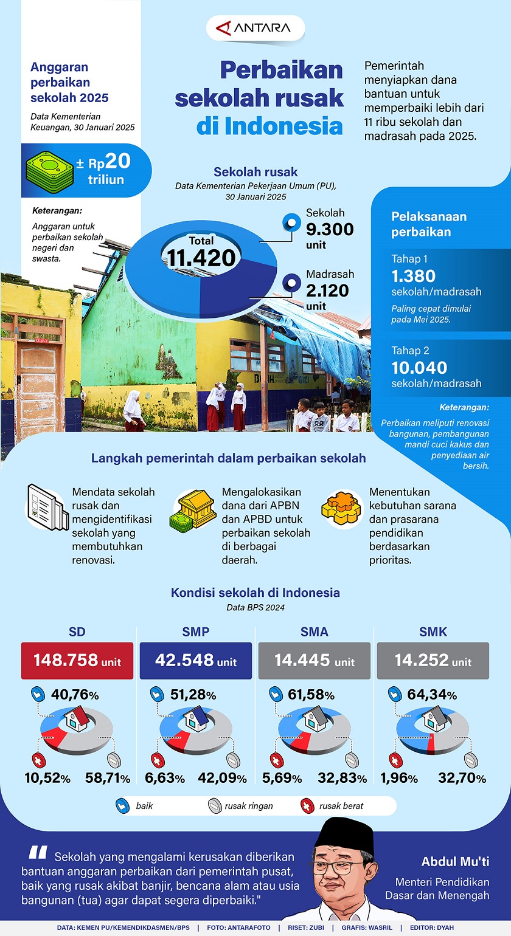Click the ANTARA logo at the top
pyautogui.click(x=255, y=28)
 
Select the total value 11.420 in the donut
pyautogui.click(x=202, y=257)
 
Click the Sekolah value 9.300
pyautogui.click(x=329, y=229)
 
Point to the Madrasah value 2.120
pyautogui.click(x=327, y=291)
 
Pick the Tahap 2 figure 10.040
pyautogui.click(x=419, y=367)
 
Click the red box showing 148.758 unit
pyautogui.click(x=77, y=661)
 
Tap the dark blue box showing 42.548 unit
pyautogui.click(x=196, y=661)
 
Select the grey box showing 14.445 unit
pyautogui.click(x=314, y=661)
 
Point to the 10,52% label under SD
pyautogui.click(x=47, y=778)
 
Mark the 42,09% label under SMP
pyautogui.click(x=222, y=778)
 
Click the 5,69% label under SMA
pyautogui.click(x=282, y=778)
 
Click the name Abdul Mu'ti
pyautogui.click(x=455, y=862)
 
